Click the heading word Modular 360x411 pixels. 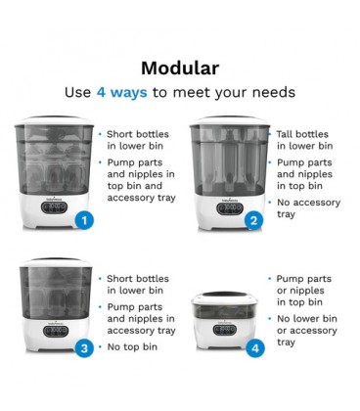tap(180, 68)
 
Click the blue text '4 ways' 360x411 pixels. tap(122, 92)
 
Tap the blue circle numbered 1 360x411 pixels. tap(84, 221)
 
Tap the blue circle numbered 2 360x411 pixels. tap(253, 221)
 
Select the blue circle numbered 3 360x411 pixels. tap(84, 348)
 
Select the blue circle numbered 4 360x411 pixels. tap(255, 348)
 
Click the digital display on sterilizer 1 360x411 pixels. tap(54, 207)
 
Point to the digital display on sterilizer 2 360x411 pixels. tap(230, 208)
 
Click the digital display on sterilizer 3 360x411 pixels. tap(56, 331)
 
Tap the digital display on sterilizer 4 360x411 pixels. tap(225, 330)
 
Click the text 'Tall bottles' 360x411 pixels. tap(302, 134)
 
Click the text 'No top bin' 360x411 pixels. tap(132, 346)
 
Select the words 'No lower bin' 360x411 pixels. tap(307, 318)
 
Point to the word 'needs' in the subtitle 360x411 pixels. tap(274, 93)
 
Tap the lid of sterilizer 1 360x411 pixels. tap(54, 120)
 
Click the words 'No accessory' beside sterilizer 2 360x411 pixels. tap(308, 203)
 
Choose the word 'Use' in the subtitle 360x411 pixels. tap(77, 92)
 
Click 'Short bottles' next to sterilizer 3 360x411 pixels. tap(138, 279)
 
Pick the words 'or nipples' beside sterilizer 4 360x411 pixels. tap(300, 291)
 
